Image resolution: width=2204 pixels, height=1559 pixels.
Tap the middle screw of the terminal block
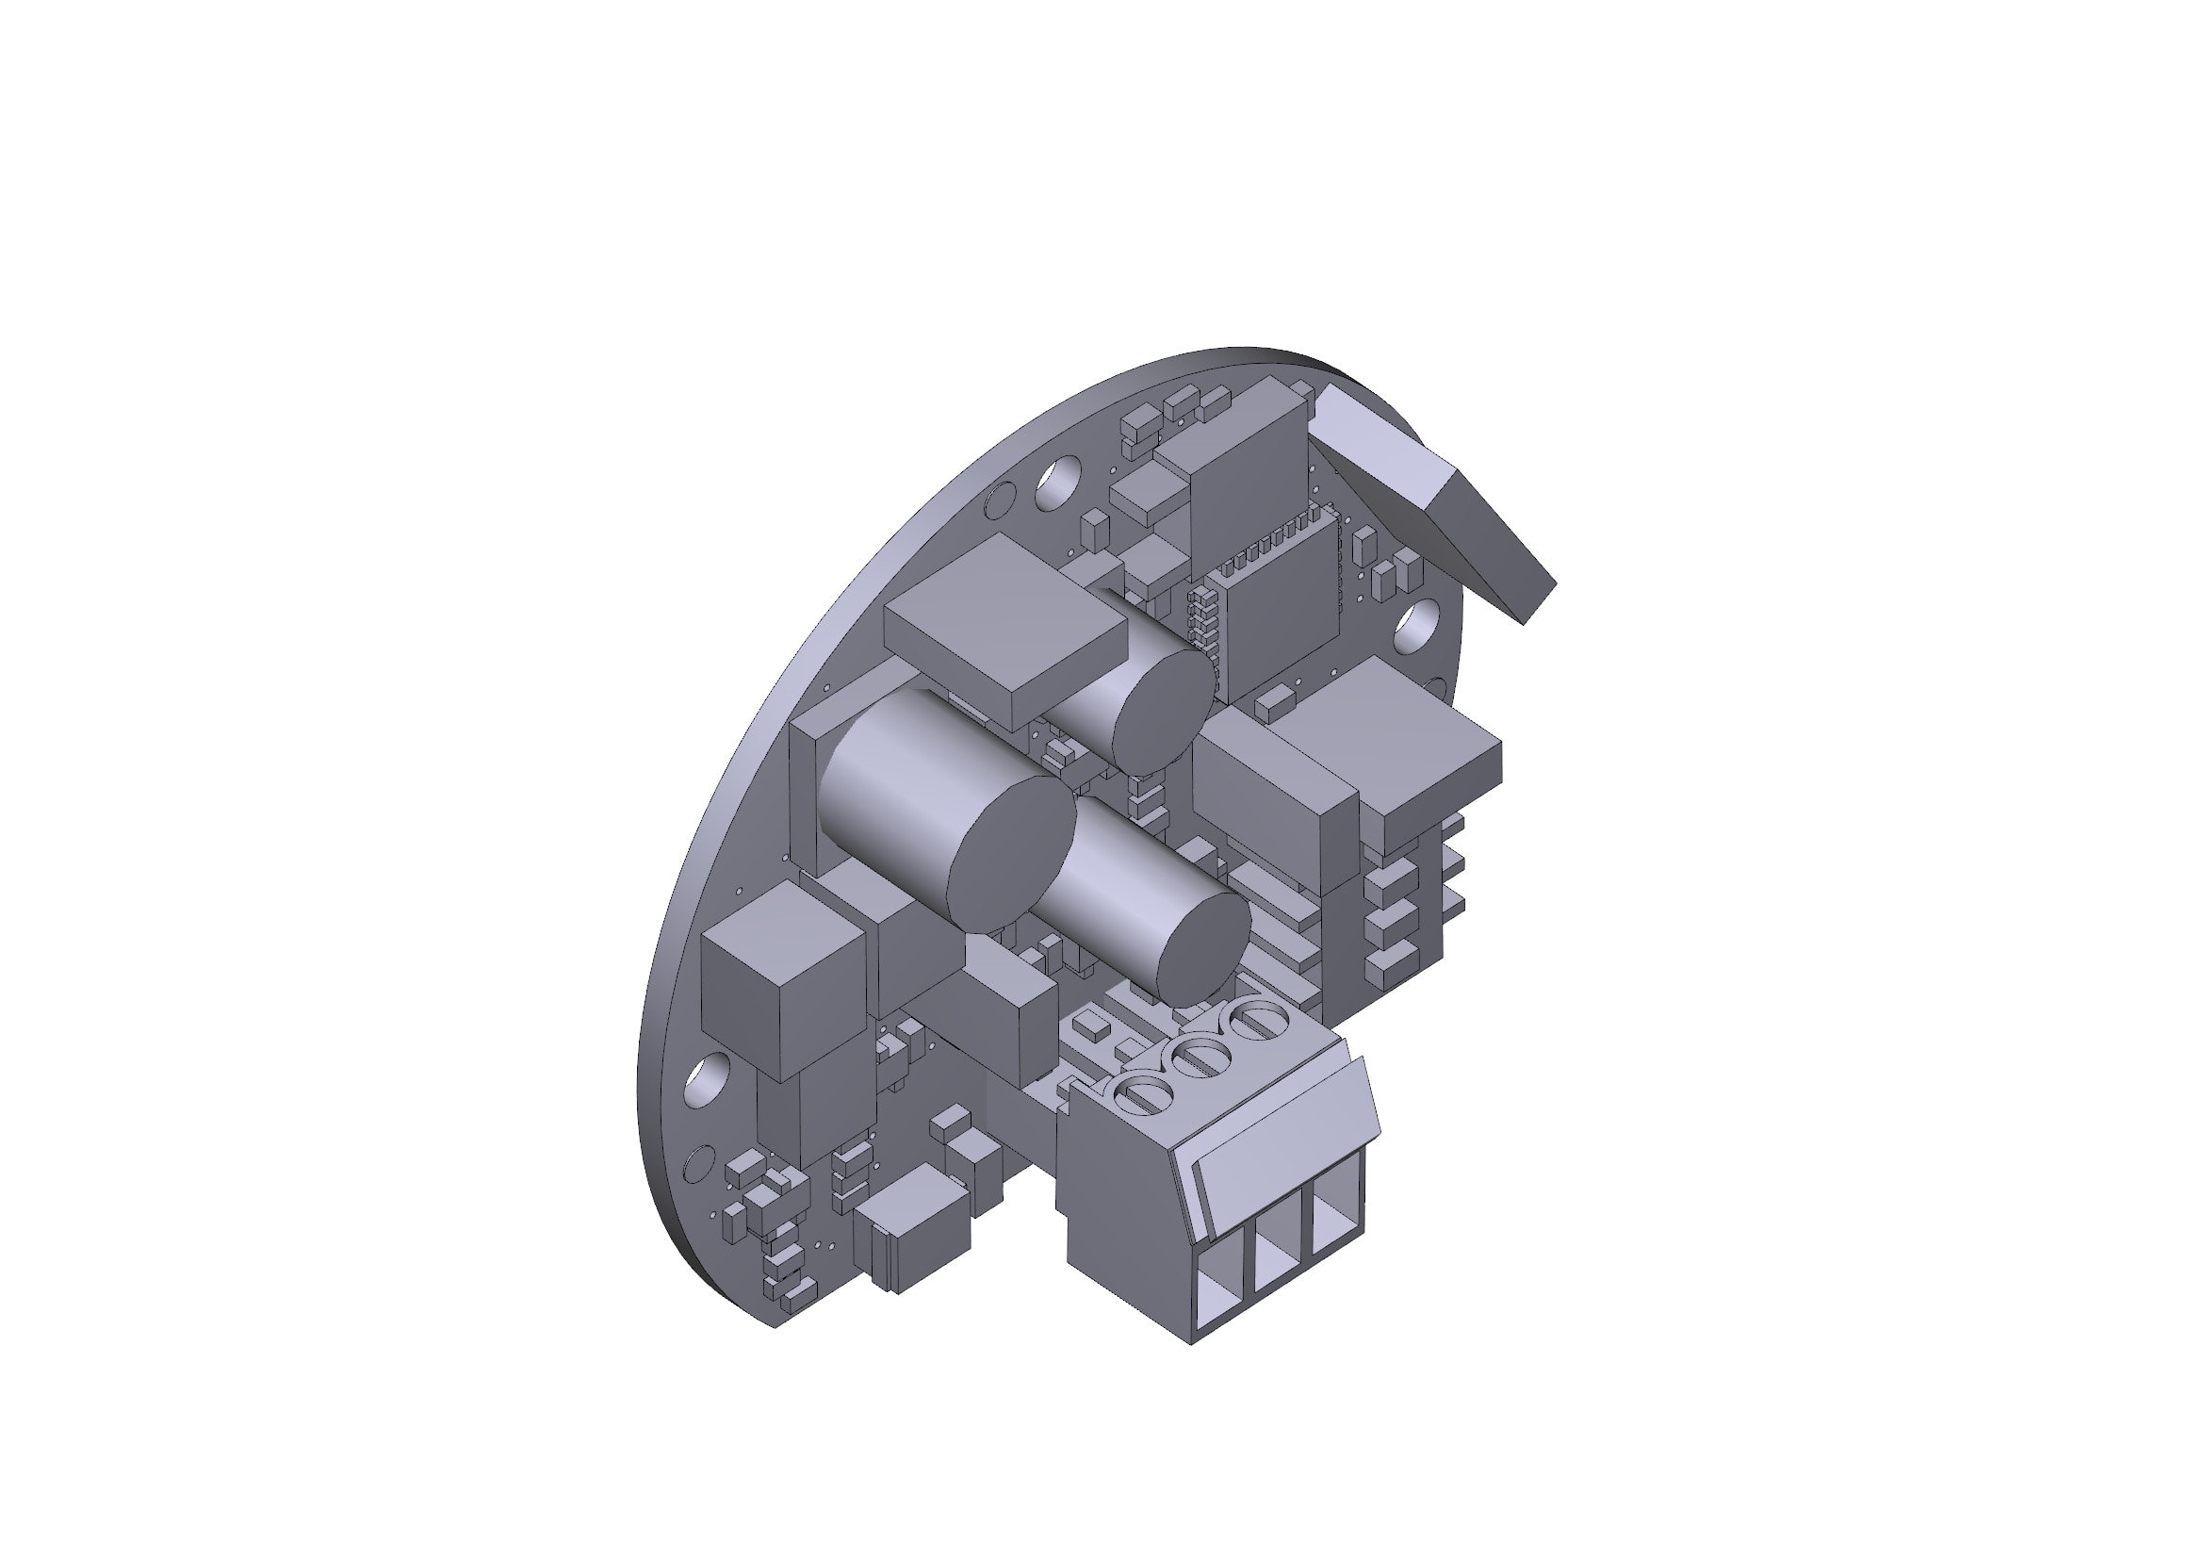coord(1198,1057)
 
